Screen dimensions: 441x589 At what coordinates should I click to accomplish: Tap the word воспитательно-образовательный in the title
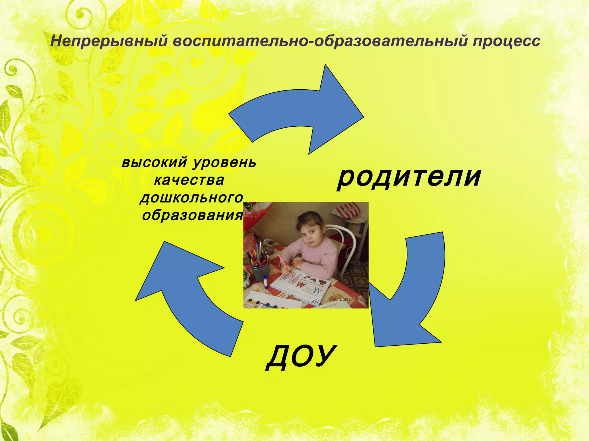coord(319,41)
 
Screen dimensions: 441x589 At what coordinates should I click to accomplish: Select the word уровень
coord(224,163)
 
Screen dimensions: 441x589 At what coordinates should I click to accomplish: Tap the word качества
coord(189,180)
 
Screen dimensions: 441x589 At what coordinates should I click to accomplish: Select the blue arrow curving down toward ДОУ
coord(411,296)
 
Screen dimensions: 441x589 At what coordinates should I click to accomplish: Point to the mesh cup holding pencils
coord(260,271)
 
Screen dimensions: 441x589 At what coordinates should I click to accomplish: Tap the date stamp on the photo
coord(348,299)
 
